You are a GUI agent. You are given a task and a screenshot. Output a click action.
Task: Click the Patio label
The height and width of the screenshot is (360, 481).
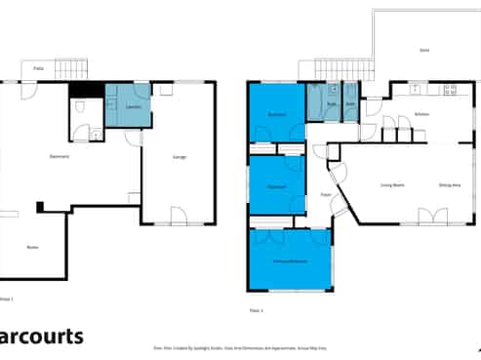[38, 68]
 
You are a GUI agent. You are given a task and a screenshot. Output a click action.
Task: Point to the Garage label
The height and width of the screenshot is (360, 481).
[180, 157]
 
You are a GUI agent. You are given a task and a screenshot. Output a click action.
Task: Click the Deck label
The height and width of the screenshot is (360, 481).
[424, 50]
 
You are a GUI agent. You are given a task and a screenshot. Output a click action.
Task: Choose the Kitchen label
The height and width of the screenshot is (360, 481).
[421, 114]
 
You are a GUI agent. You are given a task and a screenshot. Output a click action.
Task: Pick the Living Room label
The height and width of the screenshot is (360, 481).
[391, 184]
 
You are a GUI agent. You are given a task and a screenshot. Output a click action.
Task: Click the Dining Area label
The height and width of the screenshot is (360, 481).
[450, 184]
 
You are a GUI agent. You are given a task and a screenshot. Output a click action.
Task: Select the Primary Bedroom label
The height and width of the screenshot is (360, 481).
[290, 260]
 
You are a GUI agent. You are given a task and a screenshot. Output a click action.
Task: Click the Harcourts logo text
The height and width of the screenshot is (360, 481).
[42, 338]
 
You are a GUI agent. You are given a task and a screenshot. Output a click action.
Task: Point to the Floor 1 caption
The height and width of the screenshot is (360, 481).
[8, 298]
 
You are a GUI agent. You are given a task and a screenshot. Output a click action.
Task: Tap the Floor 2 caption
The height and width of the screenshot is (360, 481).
[257, 310]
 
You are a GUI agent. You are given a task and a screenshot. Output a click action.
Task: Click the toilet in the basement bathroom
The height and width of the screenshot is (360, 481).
[96, 134]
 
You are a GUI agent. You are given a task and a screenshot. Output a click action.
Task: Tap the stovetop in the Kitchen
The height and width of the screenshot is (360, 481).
[451, 90]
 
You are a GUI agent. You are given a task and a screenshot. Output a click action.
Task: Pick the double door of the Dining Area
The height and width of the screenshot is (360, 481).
[426, 216]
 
